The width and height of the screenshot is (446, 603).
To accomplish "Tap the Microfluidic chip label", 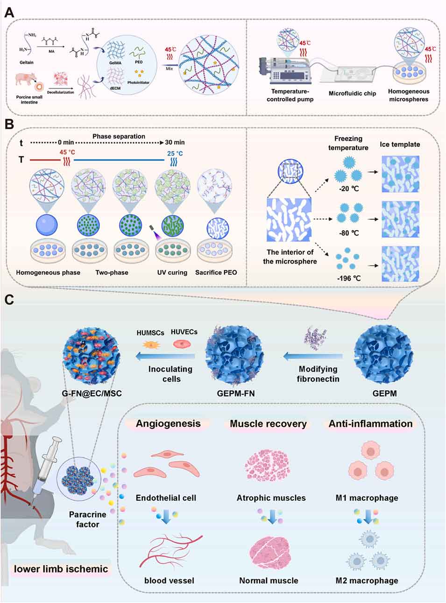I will pos(352,93).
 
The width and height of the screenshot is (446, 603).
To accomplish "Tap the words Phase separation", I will pos(119,136).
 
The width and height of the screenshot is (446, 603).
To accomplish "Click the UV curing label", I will pos(172,272).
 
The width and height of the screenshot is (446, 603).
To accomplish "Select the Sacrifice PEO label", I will pos(216,272).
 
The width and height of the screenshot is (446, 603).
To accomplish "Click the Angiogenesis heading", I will pos(168,424).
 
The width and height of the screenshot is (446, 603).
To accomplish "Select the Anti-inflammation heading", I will pos(370,424).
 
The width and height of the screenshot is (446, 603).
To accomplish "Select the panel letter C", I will pos(9,299).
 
